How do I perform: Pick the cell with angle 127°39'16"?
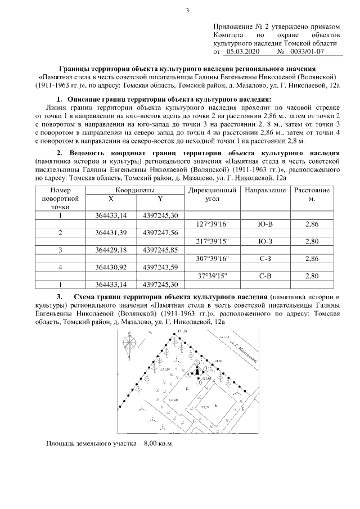213,224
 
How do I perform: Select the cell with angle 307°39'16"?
213,258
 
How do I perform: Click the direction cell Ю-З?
264,241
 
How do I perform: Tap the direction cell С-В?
264,276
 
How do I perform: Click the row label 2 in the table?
60,233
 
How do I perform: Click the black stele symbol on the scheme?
197,370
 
